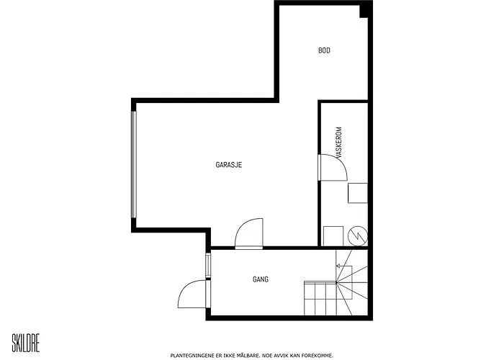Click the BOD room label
pos(324,50)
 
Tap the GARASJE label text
pos(228,165)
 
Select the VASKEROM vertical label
pos(338,142)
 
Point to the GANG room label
pos(261,279)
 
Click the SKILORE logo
pos(26,343)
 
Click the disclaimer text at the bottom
pos(252,356)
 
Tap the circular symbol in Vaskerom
pos(358,236)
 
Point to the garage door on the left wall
pos(134,165)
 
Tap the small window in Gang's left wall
pos(208,265)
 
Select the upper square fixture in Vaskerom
pos(358,193)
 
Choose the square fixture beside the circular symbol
pos(333,236)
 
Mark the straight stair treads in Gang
pos(320,298)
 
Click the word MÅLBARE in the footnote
pos(248,356)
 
